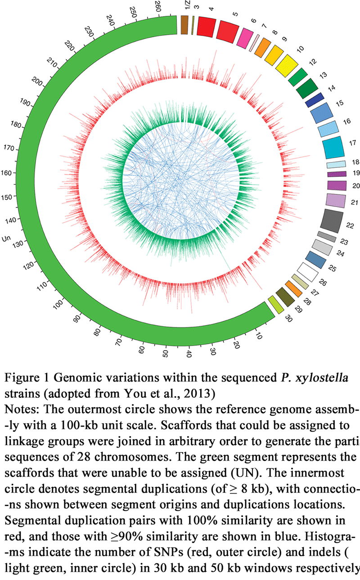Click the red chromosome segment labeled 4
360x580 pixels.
206,25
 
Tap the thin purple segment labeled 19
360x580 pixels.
336,174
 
